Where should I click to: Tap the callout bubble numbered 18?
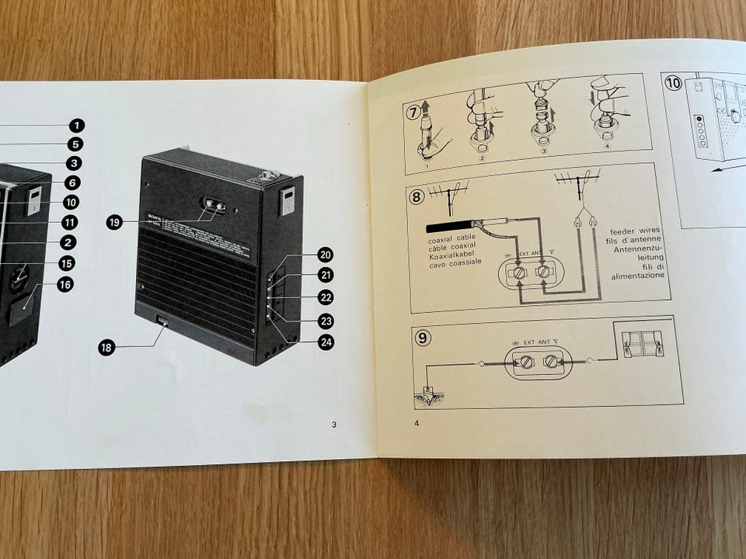(107, 348)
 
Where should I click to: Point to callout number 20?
(325, 254)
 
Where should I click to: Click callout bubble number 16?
(64, 285)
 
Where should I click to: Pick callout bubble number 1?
(76, 125)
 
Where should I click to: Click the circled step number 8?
(417, 196)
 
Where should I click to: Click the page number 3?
(333, 424)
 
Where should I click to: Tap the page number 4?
(417, 424)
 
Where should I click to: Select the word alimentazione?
(637, 276)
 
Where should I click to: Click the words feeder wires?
(636, 231)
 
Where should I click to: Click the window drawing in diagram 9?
(642, 342)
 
